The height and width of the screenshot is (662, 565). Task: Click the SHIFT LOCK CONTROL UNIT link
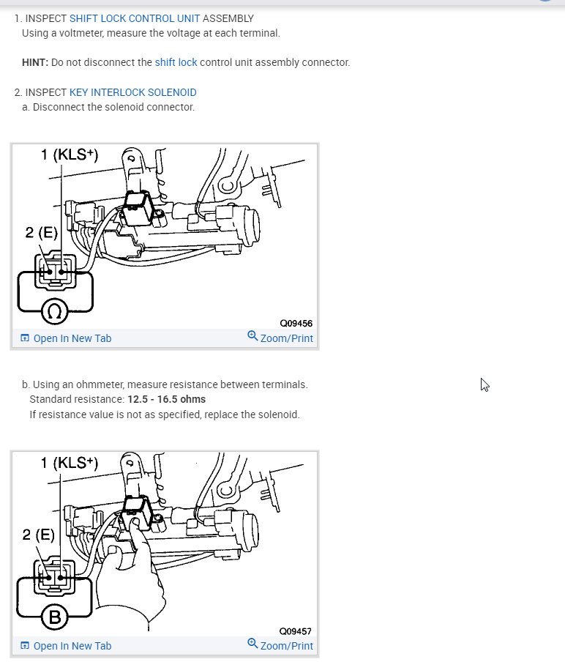click(x=135, y=18)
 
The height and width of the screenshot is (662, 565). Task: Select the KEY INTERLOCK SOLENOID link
click(x=133, y=92)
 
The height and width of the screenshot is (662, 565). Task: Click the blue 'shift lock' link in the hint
click(x=176, y=62)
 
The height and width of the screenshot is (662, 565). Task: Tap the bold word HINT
click(x=35, y=62)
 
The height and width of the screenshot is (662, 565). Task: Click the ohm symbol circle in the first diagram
click(x=54, y=311)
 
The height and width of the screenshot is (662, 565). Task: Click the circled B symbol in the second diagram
click(x=54, y=617)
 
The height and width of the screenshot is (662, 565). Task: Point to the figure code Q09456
click(x=296, y=324)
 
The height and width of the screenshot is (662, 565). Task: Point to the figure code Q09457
click(x=296, y=631)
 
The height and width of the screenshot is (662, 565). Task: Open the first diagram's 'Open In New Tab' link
click(x=67, y=338)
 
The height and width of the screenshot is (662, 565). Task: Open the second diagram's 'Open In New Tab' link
click(x=67, y=646)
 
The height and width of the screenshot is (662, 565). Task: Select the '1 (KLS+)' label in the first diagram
click(x=70, y=155)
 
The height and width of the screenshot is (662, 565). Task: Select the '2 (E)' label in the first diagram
click(x=41, y=232)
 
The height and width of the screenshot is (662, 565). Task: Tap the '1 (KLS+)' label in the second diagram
click(x=70, y=463)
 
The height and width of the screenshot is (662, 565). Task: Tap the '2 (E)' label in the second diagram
click(x=38, y=535)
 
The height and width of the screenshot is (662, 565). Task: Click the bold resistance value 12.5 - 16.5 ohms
click(x=167, y=399)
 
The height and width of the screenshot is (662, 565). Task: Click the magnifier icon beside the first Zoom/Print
click(x=252, y=335)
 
